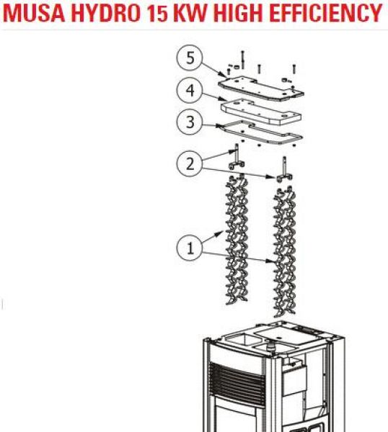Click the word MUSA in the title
tap(34, 13)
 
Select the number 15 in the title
tap(157, 13)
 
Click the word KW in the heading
tap(191, 13)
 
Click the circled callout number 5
tap(190, 58)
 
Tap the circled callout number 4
tap(190, 90)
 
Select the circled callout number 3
tap(190, 122)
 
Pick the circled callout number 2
tap(190, 163)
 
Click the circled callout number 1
tap(190, 248)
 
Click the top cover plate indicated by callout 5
tap(260, 89)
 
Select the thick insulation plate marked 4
tap(261, 112)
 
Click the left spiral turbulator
tap(237, 239)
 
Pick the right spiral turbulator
tap(284, 251)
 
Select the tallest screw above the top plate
tap(242, 60)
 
